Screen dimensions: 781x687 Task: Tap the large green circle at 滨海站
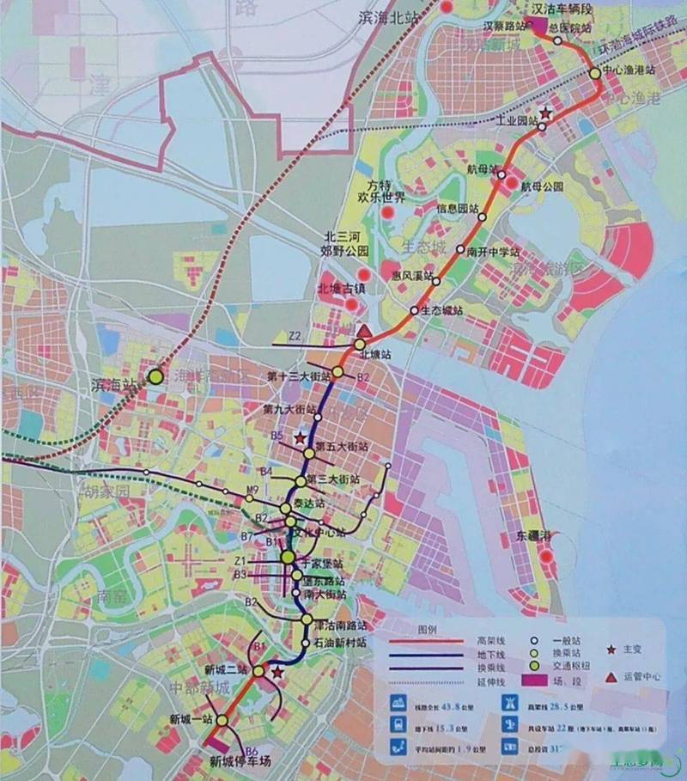click(x=155, y=376)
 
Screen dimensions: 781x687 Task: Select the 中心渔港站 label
click(x=630, y=69)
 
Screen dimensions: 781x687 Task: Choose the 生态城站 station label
click(x=443, y=310)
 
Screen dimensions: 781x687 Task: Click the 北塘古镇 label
click(x=342, y=289)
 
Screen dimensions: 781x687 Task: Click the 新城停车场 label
click(x=240, y=760)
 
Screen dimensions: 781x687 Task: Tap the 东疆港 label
click(x=533, y=535)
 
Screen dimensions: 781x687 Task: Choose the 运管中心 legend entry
click(x=641, y=676)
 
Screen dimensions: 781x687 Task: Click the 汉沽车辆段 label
click(x=562, y=9)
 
